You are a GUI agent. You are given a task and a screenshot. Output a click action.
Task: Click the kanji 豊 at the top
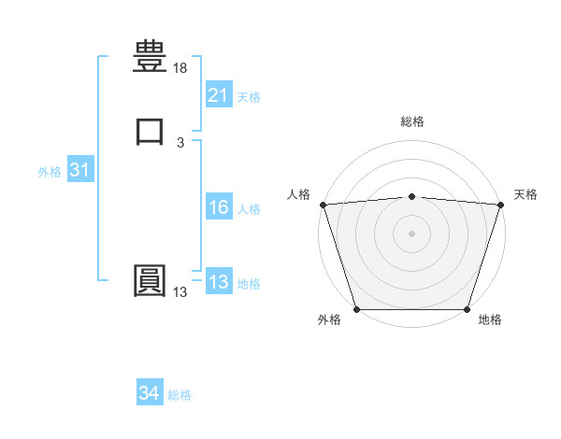pyautogui.click(x=150, y=55)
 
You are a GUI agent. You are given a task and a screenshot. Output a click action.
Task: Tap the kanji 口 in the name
pyautogui.click(x=150, y=131)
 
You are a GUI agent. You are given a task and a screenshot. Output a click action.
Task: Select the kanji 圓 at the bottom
pyautogui.click(x=150, y=281)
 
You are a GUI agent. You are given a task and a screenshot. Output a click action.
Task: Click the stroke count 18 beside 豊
pyautogui.click(x=180, y=68)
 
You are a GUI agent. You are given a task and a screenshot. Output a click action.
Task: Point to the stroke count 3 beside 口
pyautogui.click(x=180, y=143)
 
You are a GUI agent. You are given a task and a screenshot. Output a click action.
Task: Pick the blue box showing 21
pyautogui.click(x=218, y=95)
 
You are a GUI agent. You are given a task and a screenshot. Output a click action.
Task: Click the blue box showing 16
pyautogui.click(x=218, y=208)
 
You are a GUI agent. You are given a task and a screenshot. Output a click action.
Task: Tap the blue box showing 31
pyautogui.click(x=79, y=171)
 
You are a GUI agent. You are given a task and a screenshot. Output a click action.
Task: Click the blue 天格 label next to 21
pyautogui.click(x=249, y=96)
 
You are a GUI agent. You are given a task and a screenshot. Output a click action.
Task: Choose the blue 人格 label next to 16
pyautogui.click(x=249, y=209)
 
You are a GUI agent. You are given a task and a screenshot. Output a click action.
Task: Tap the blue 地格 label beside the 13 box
pyautogui.click(x=249, y=284)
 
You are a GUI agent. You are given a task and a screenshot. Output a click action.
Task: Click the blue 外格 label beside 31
pyautogui.click(x=50, y=172)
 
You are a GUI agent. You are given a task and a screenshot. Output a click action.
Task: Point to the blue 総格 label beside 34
pyautogui.click(x=180, y=395)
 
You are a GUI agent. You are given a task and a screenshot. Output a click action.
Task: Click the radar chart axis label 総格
pyautogui.click(x=412, y=121)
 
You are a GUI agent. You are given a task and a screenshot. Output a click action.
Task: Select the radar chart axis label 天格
pyautogui.click(x=526, y=194)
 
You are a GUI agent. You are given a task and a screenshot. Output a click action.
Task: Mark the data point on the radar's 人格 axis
pyautogui.click(x=323, y=205)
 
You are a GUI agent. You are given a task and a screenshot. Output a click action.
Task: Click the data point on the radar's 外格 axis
pyautogui.click(x=357, y=309)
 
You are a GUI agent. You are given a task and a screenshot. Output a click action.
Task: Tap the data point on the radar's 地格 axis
pyautogui.click(x=467, y=309)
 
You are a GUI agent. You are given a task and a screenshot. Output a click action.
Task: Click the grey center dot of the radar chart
pyautogui.click(x=412, y=234)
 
